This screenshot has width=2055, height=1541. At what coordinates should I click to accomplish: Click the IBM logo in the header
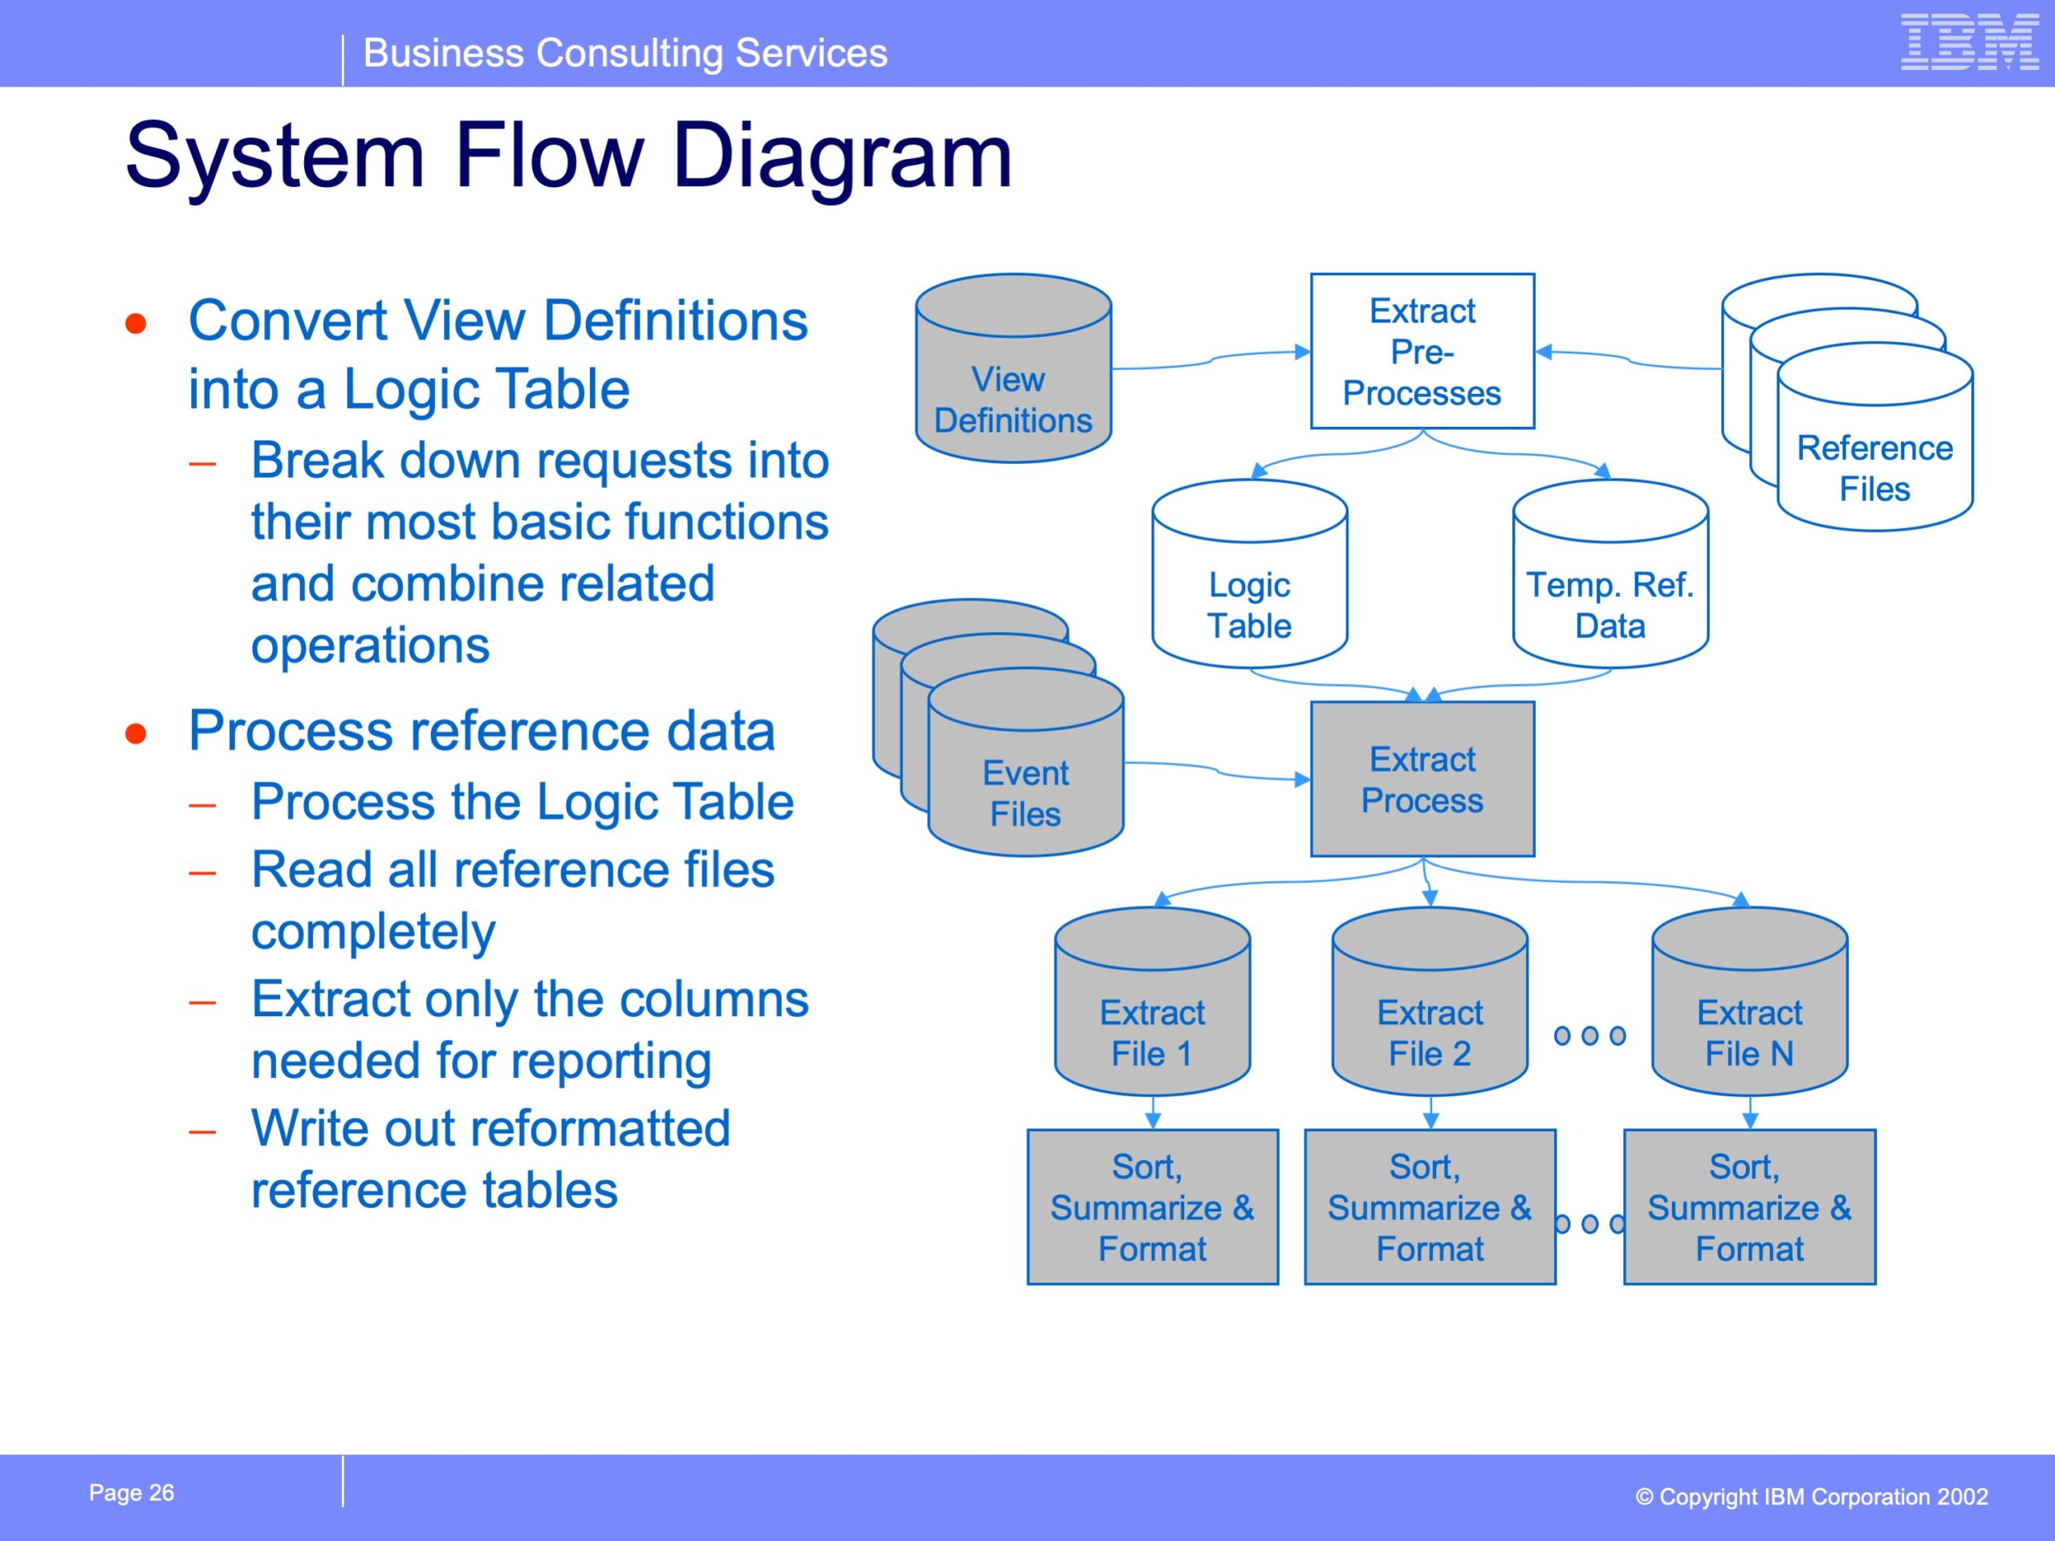[1970, 42]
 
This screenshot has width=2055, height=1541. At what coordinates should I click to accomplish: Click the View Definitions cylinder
[1014, 368]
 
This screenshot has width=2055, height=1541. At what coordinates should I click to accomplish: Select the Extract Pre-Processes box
[1422, 351]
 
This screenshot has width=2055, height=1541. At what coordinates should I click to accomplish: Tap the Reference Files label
[1874, 468]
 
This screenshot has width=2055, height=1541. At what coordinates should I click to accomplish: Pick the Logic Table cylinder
[1250, 574]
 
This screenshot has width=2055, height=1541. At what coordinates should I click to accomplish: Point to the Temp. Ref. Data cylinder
[1610, 574]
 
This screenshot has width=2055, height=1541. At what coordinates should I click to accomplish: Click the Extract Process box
[1422, 779]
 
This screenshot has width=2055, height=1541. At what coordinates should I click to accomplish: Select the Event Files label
[1026, 793]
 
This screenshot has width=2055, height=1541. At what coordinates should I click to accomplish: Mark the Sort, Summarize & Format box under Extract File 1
[1152, 1206]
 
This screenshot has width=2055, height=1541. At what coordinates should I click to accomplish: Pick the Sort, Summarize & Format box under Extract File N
[1749, 1206]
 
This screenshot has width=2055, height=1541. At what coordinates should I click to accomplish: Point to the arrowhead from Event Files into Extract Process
[1304, 779]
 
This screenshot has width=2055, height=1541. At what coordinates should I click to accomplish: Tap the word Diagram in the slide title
[843, 158]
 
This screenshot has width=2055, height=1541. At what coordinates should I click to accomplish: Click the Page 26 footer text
[131, 1493]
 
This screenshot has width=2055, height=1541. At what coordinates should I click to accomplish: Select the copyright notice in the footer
[1812, 1496]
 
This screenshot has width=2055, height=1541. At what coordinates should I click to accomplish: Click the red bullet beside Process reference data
[136, 734]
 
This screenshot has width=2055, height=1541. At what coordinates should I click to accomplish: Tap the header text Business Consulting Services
[625, 53]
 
